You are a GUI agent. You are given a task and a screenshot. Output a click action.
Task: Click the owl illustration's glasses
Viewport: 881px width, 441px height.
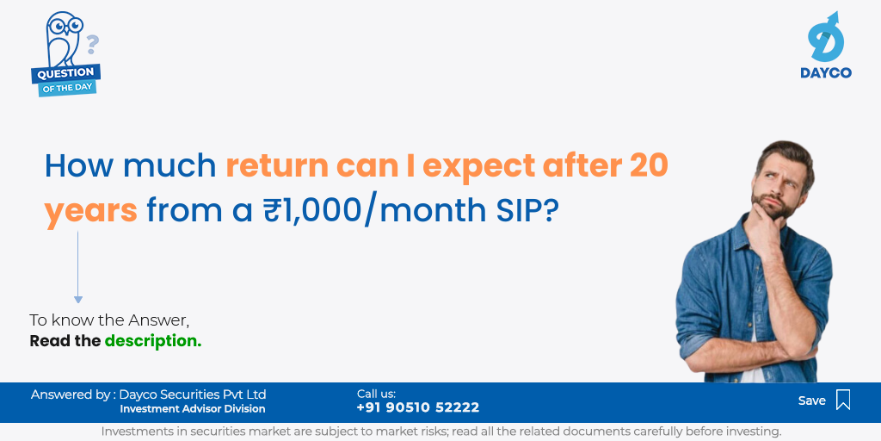click(x=65, y=25)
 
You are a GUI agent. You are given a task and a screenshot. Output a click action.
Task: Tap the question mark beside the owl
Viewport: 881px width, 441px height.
click(x=92, y=45)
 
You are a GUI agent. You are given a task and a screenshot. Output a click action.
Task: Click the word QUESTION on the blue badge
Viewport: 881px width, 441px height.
click(x=66, y=73)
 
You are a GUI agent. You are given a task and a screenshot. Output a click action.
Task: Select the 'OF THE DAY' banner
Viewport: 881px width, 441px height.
click(x=67, y=87)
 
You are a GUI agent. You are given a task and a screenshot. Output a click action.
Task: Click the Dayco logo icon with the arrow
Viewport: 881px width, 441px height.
click(x=826, y=37)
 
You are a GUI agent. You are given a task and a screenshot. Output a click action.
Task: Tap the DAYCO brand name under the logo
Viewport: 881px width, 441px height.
click(x=826, y=72)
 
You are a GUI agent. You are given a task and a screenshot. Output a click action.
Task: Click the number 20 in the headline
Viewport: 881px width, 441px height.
click(x=649, y=165)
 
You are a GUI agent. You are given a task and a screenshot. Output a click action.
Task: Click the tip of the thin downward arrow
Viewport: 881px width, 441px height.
click(x=78, y=303)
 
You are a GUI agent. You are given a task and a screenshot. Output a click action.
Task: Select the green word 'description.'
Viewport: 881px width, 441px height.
click(x=153, y=341)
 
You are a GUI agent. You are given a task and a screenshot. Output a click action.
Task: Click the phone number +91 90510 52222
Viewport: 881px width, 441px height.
click(x=418, y=407)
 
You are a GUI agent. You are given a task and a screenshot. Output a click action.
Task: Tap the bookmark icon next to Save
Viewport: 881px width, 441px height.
click(x=843, y=400)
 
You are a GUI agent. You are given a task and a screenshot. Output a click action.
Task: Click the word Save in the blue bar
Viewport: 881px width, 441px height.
click(x=812, y=401)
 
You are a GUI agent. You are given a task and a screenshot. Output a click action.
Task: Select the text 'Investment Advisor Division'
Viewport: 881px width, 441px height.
click(x=193, y=409)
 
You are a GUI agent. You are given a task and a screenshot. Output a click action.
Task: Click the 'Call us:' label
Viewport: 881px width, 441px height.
click(x=377, y=394)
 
